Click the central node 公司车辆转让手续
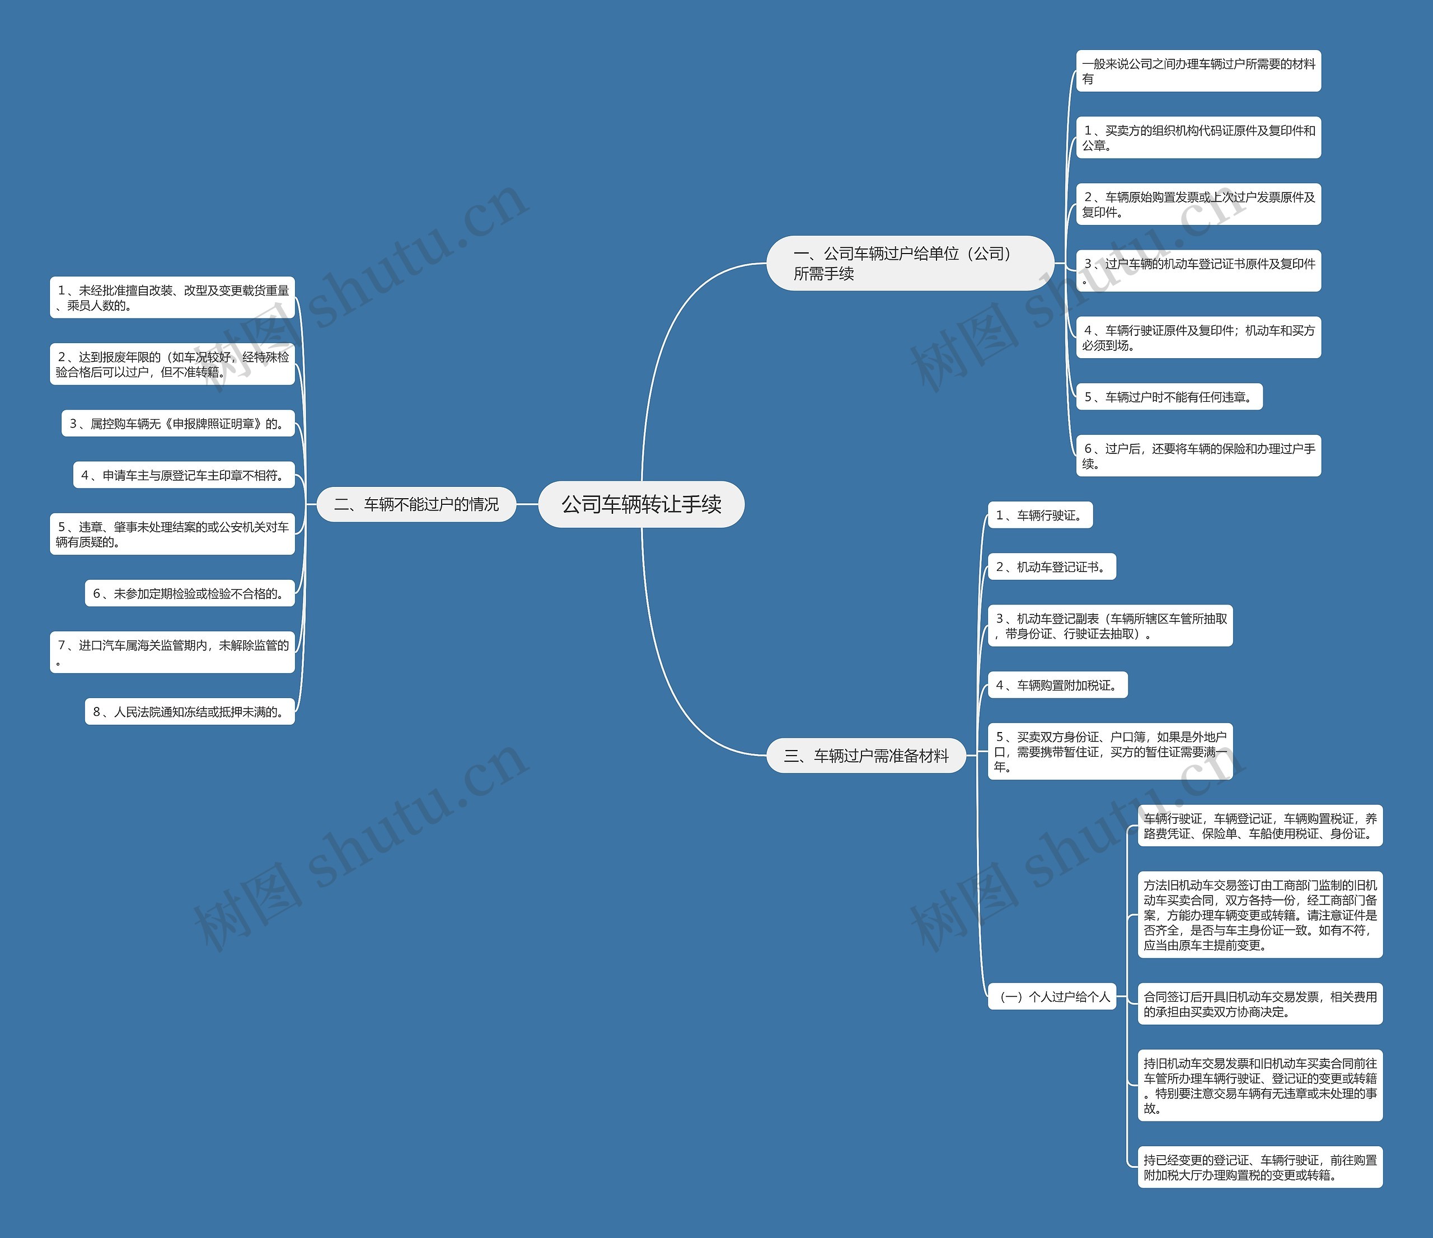[x=641, y=504]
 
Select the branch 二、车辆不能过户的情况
[x=416, y=504]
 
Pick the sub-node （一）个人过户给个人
[x=1052, y=997]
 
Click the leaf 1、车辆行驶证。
[x=1040, y=515]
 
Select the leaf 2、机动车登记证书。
[x=1051, y=567]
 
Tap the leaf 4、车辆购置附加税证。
[x=1057, y=686]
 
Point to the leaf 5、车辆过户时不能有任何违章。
[x=1169, y=397]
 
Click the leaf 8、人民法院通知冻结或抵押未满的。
[x=190, y=712]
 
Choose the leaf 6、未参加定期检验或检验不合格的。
[x=190, y=593]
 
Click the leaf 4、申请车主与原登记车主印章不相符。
[x=184, y=475]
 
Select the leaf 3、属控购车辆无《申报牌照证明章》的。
[x=178, y=423]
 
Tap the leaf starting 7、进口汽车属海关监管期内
[x=172, y=651]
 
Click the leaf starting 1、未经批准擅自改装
[x=172, y=297]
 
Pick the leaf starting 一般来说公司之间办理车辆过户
[x=1198, y=71]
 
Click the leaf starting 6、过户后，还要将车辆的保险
[x=1198, y=456]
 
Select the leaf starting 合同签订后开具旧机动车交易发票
[x=1259, y=1003]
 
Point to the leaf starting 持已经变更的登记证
[x=1259, y=1167]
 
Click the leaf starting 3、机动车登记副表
[x=1110, y=626]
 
